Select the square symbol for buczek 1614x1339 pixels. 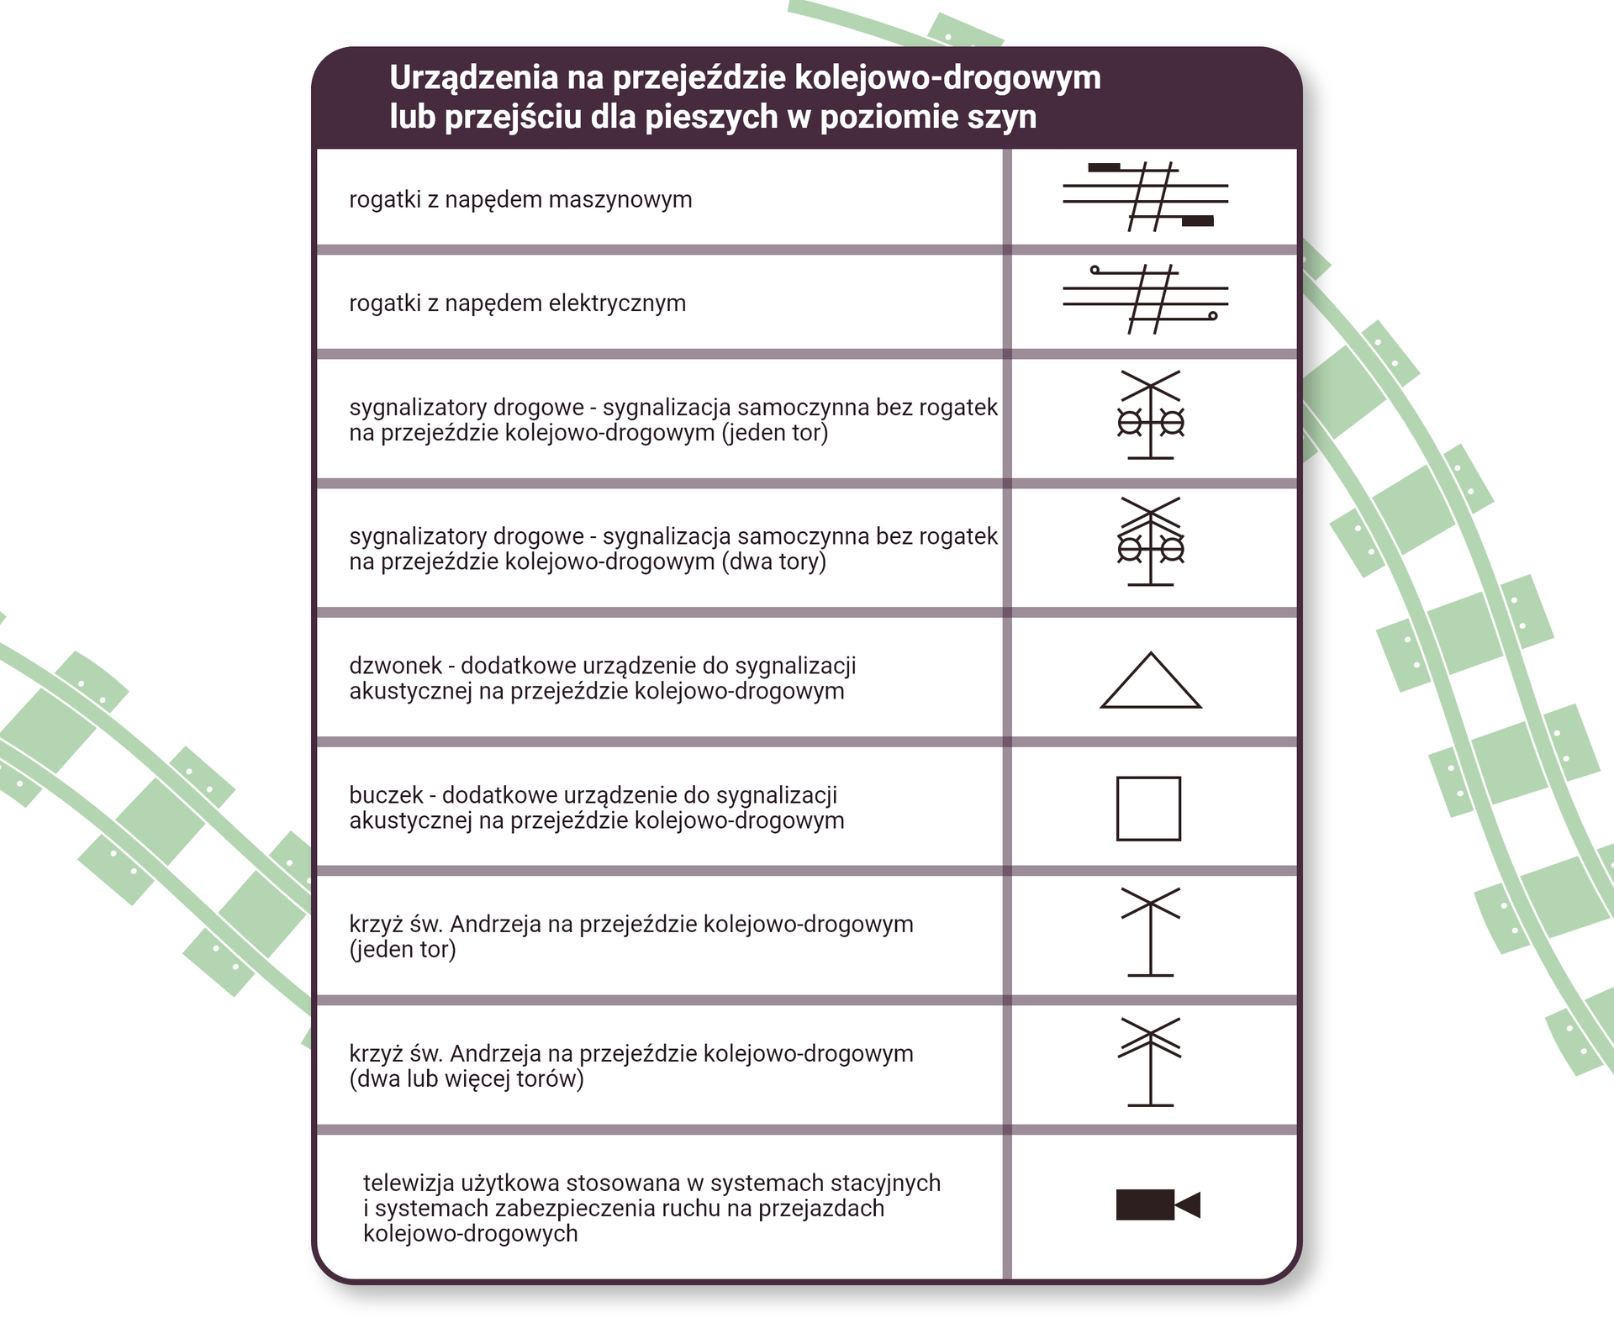pos(1148,809)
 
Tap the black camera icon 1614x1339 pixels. pos(1157,1205)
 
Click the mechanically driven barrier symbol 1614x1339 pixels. pos(1146,197)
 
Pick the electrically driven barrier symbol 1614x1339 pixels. pos(1146,299)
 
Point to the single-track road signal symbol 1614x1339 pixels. pos(1150,415)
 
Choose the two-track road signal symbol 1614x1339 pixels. pos(1150,541)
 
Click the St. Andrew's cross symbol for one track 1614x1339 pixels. pos(1150,931)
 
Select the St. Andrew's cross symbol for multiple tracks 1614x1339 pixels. pos(1150,1061)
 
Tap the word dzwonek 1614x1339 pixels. pos(395,666)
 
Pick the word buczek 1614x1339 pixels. pos(386,795)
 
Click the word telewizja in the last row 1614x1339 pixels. pos(409,1183)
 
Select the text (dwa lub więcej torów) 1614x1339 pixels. pos(467,1079)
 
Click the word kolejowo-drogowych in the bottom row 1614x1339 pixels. pos(470,1234)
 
